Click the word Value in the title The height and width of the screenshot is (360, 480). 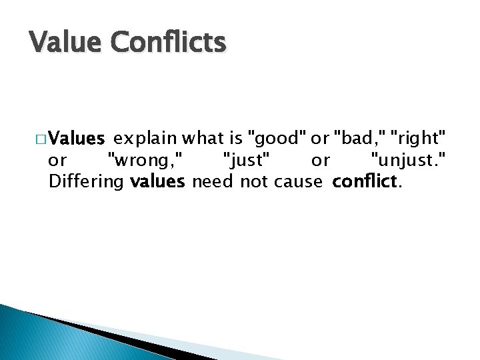click(x=66, y=43)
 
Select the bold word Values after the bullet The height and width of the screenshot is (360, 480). click(x=77, y=139)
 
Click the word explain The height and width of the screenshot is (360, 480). click(x=145, y=139)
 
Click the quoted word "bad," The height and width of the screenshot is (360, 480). click(x=360, y=139)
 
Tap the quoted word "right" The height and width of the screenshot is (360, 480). click(x=418, y=139)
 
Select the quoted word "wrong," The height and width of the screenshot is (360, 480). click(x=149, y=161)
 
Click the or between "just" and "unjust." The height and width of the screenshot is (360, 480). click(x=321, y=161)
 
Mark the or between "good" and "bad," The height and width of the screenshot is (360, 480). click(x=320, y=139)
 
